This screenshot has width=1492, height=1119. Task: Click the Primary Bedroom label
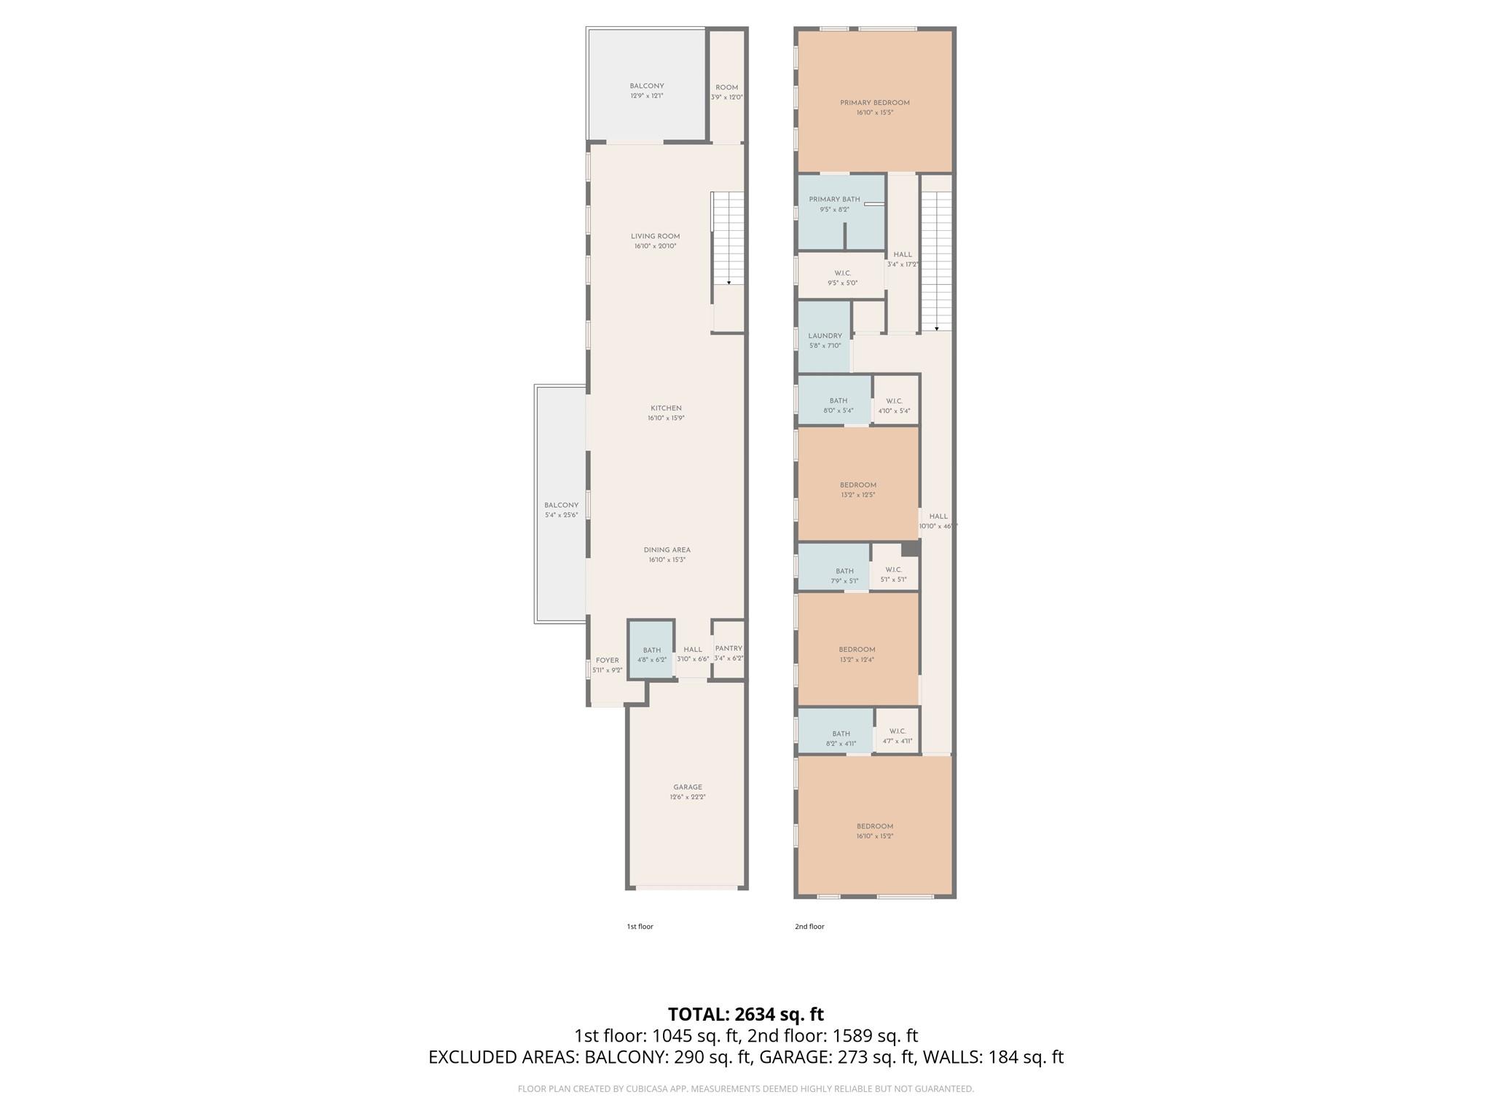(874, 103)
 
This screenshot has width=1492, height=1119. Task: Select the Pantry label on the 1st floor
(729, 648)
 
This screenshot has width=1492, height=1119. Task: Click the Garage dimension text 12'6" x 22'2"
(688, 797)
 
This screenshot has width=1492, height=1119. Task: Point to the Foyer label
(607, 660)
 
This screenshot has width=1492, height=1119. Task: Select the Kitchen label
(666, 408)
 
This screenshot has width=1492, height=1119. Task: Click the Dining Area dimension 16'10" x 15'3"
(667, 560)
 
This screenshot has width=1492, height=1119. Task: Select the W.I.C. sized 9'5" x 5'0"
(841, 277)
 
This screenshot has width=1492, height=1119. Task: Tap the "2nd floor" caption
(809, 927)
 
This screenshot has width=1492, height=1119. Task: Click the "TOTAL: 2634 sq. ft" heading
(745, 1014)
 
